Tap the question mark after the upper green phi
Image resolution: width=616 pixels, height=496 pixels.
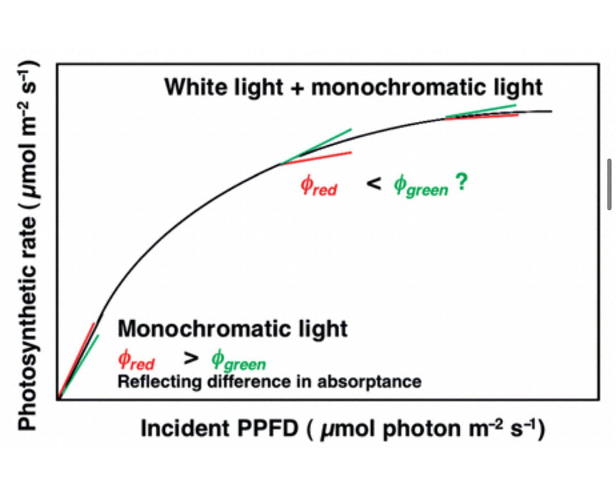(x=461, y=184)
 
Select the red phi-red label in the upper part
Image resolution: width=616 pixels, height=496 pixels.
(x=319, y=186)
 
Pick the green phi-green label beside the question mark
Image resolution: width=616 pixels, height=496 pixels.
(x=421, y=186)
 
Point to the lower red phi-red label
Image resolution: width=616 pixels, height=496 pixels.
(x=136, y=361)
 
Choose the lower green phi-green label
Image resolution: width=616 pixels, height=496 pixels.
(x=237, y=361)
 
